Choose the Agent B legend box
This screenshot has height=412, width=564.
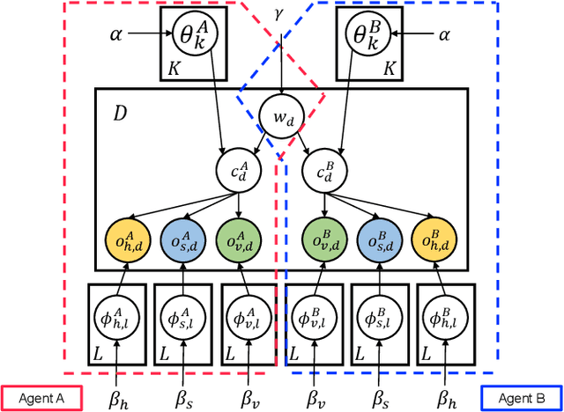(x=523, y=398)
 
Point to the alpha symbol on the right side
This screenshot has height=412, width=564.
(x=444, y=36)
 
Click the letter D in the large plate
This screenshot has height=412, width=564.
(x=120, y=114)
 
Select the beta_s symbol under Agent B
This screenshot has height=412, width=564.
(x=380, y=398)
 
